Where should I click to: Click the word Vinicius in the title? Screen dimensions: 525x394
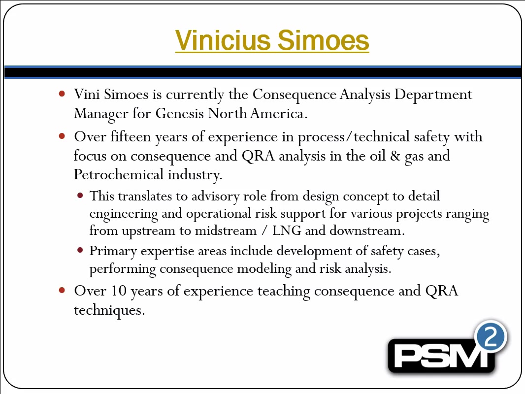point(223,40)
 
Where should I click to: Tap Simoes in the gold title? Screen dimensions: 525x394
point(324,40)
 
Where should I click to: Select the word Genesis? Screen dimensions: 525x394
point(179,113)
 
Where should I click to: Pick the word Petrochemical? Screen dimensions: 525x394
point(119,175)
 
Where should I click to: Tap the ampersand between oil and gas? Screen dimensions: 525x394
point(395,156)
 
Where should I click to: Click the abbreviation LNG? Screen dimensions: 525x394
point(287,230)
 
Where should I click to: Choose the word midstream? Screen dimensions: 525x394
point(226,230)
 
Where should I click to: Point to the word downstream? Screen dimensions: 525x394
point(367,230)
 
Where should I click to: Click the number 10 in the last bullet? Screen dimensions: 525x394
point(119,291)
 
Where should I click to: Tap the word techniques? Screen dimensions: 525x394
point(109,310)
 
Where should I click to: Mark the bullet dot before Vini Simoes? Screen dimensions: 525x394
point(62,94)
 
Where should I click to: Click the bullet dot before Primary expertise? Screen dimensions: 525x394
point(80,250)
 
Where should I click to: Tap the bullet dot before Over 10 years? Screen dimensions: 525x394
point(62,290)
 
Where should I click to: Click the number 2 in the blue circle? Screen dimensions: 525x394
point(491,336)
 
